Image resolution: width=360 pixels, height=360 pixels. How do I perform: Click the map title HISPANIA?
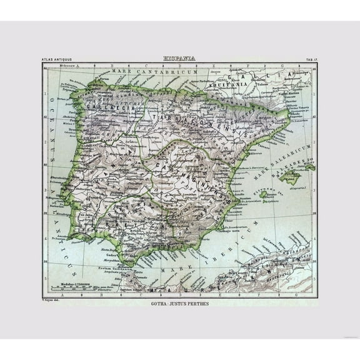click(x=179, y=58)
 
